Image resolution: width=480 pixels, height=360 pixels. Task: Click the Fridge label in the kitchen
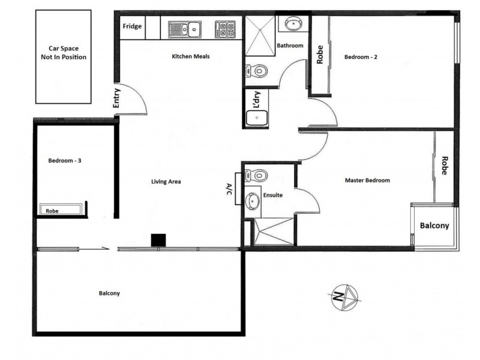(x=133, y=26)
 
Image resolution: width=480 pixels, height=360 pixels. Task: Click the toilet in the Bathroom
(x=257, y=71)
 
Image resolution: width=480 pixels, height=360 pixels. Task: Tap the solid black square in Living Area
(x=158, y=239)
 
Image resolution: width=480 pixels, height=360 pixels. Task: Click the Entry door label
(x=116, y=99)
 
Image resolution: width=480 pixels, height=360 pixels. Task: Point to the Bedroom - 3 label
(x=64, y=161)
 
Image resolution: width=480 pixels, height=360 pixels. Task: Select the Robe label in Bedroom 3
(x=53, y=211)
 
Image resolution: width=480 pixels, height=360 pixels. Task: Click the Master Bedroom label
(x=367, y=180)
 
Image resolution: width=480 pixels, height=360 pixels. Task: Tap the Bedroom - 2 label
(x=361, y=58)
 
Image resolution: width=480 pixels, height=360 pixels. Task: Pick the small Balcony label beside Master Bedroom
(x=434, y=226)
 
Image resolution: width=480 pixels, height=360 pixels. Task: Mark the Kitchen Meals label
(x=191, y=57)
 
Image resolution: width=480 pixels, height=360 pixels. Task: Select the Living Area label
(x=166, y=181)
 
